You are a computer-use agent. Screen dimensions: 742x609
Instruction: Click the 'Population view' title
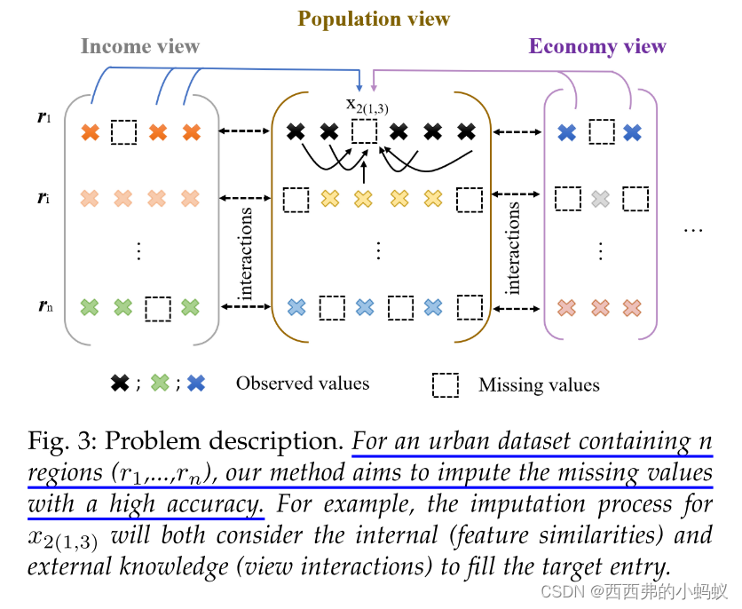coord(374,19)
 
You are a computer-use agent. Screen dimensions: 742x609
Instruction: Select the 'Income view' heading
coord(139,46)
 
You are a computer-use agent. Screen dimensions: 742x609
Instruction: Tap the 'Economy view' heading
coord(597,46)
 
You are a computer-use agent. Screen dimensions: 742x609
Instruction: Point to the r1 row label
coord(43,116)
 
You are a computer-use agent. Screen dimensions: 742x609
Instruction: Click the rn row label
coord(45,307)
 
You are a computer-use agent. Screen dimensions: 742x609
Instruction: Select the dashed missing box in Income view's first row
coord(124,133)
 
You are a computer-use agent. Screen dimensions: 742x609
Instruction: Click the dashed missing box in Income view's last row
coord(158,308)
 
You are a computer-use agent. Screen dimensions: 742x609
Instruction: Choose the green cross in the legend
coord(160,384)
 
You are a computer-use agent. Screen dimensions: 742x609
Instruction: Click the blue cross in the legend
coord(196,384)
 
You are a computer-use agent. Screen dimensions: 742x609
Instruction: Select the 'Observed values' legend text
coord(302,384)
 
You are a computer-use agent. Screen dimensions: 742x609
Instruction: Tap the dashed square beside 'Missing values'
coord(446,384)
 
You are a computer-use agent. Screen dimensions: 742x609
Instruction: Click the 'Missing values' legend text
coord(539,384)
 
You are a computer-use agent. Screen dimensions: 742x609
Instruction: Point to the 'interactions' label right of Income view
coord(246,252)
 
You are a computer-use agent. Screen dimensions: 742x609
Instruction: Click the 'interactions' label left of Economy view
coord(512,248)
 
